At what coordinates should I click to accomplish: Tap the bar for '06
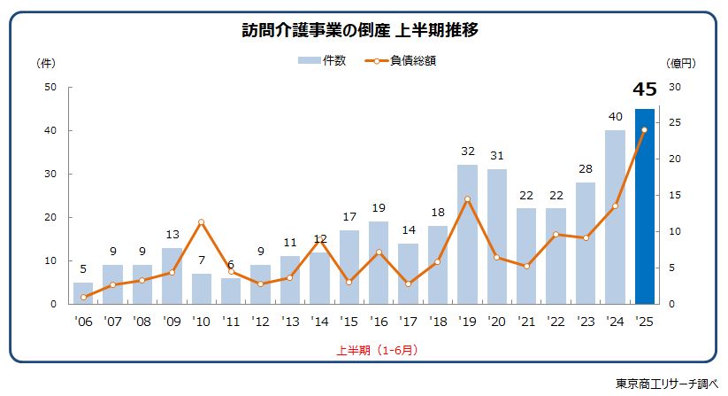[x=83, y=293]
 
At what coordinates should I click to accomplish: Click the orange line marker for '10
[x=202, y=221]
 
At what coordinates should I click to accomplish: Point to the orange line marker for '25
[x=645, y=130]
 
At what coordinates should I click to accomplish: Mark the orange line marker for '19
[x=467, y=199]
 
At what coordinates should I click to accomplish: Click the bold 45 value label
[x=645, y=89]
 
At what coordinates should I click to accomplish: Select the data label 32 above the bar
[x=467, y=151]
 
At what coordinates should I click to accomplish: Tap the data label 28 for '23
[x=586, y=168]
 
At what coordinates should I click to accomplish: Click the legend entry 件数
[x=322, y=61]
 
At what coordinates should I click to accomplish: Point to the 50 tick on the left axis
[x=50, y=87]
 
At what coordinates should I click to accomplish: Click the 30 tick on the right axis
[x=675, y=87]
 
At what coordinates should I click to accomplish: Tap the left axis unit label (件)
[x=45, y=63]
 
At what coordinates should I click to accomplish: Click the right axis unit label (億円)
[x=681, y=63]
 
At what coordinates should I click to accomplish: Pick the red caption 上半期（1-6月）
[x=377, y=350]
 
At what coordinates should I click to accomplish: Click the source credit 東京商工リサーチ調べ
[x=668, y=384]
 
